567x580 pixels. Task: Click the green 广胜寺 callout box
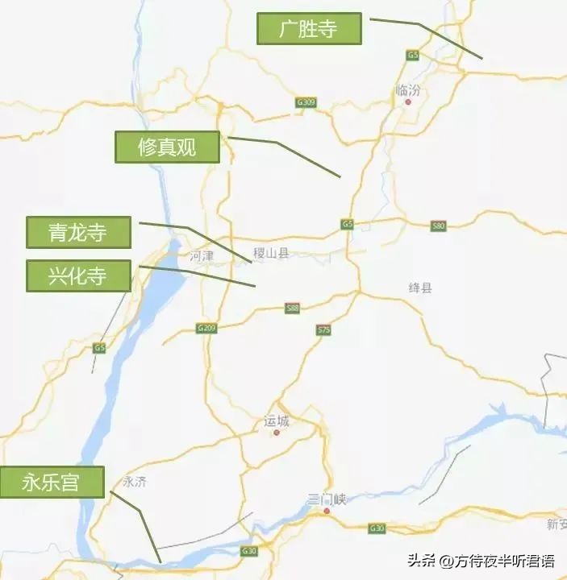309,29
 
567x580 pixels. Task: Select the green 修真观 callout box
167,147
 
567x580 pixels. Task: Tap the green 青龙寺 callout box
78,233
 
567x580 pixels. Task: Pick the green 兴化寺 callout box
78,275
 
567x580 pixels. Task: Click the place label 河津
201,255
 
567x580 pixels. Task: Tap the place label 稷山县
270,254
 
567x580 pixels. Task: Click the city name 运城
276,420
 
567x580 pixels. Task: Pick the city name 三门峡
327,499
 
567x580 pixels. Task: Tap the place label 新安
557,524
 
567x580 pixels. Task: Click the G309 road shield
306,102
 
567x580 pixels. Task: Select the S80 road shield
438,226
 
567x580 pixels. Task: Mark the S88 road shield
292,308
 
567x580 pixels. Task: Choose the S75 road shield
324,329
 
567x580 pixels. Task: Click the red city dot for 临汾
408,102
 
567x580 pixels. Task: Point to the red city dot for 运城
276,433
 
